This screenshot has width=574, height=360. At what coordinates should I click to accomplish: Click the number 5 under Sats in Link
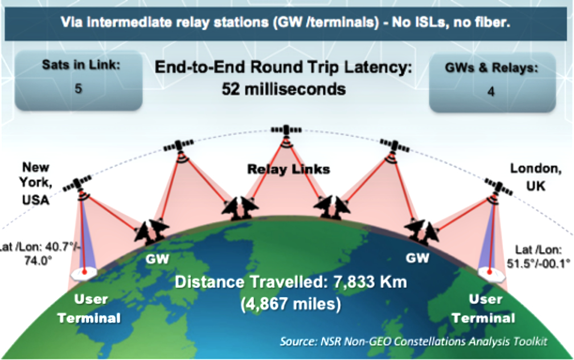(79, 89)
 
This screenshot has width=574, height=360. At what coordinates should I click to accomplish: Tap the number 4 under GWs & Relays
(491, 91)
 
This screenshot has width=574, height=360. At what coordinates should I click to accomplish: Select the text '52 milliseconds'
(284, 89)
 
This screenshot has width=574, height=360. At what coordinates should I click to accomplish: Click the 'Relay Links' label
(289, 169)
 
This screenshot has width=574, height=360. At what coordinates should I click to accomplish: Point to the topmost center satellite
(286, 131)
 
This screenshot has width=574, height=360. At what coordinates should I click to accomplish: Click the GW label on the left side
(157, 259)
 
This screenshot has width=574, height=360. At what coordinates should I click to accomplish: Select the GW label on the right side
(417, 258)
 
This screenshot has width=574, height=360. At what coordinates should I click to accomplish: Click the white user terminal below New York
(84, 273)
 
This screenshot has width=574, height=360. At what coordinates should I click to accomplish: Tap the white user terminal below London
(490, 273)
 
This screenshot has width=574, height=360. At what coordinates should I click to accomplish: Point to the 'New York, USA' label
(35, 183)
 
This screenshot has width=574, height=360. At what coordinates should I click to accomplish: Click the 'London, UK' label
(536, 177)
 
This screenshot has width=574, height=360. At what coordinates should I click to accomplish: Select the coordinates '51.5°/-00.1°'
(539, 263)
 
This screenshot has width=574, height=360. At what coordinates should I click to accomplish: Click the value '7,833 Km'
(370, 283)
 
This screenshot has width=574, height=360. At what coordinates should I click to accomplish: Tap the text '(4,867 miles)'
(290, 304)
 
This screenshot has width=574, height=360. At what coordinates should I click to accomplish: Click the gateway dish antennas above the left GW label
(151, 232)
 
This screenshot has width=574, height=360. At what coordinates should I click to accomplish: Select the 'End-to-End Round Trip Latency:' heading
(284, 68)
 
